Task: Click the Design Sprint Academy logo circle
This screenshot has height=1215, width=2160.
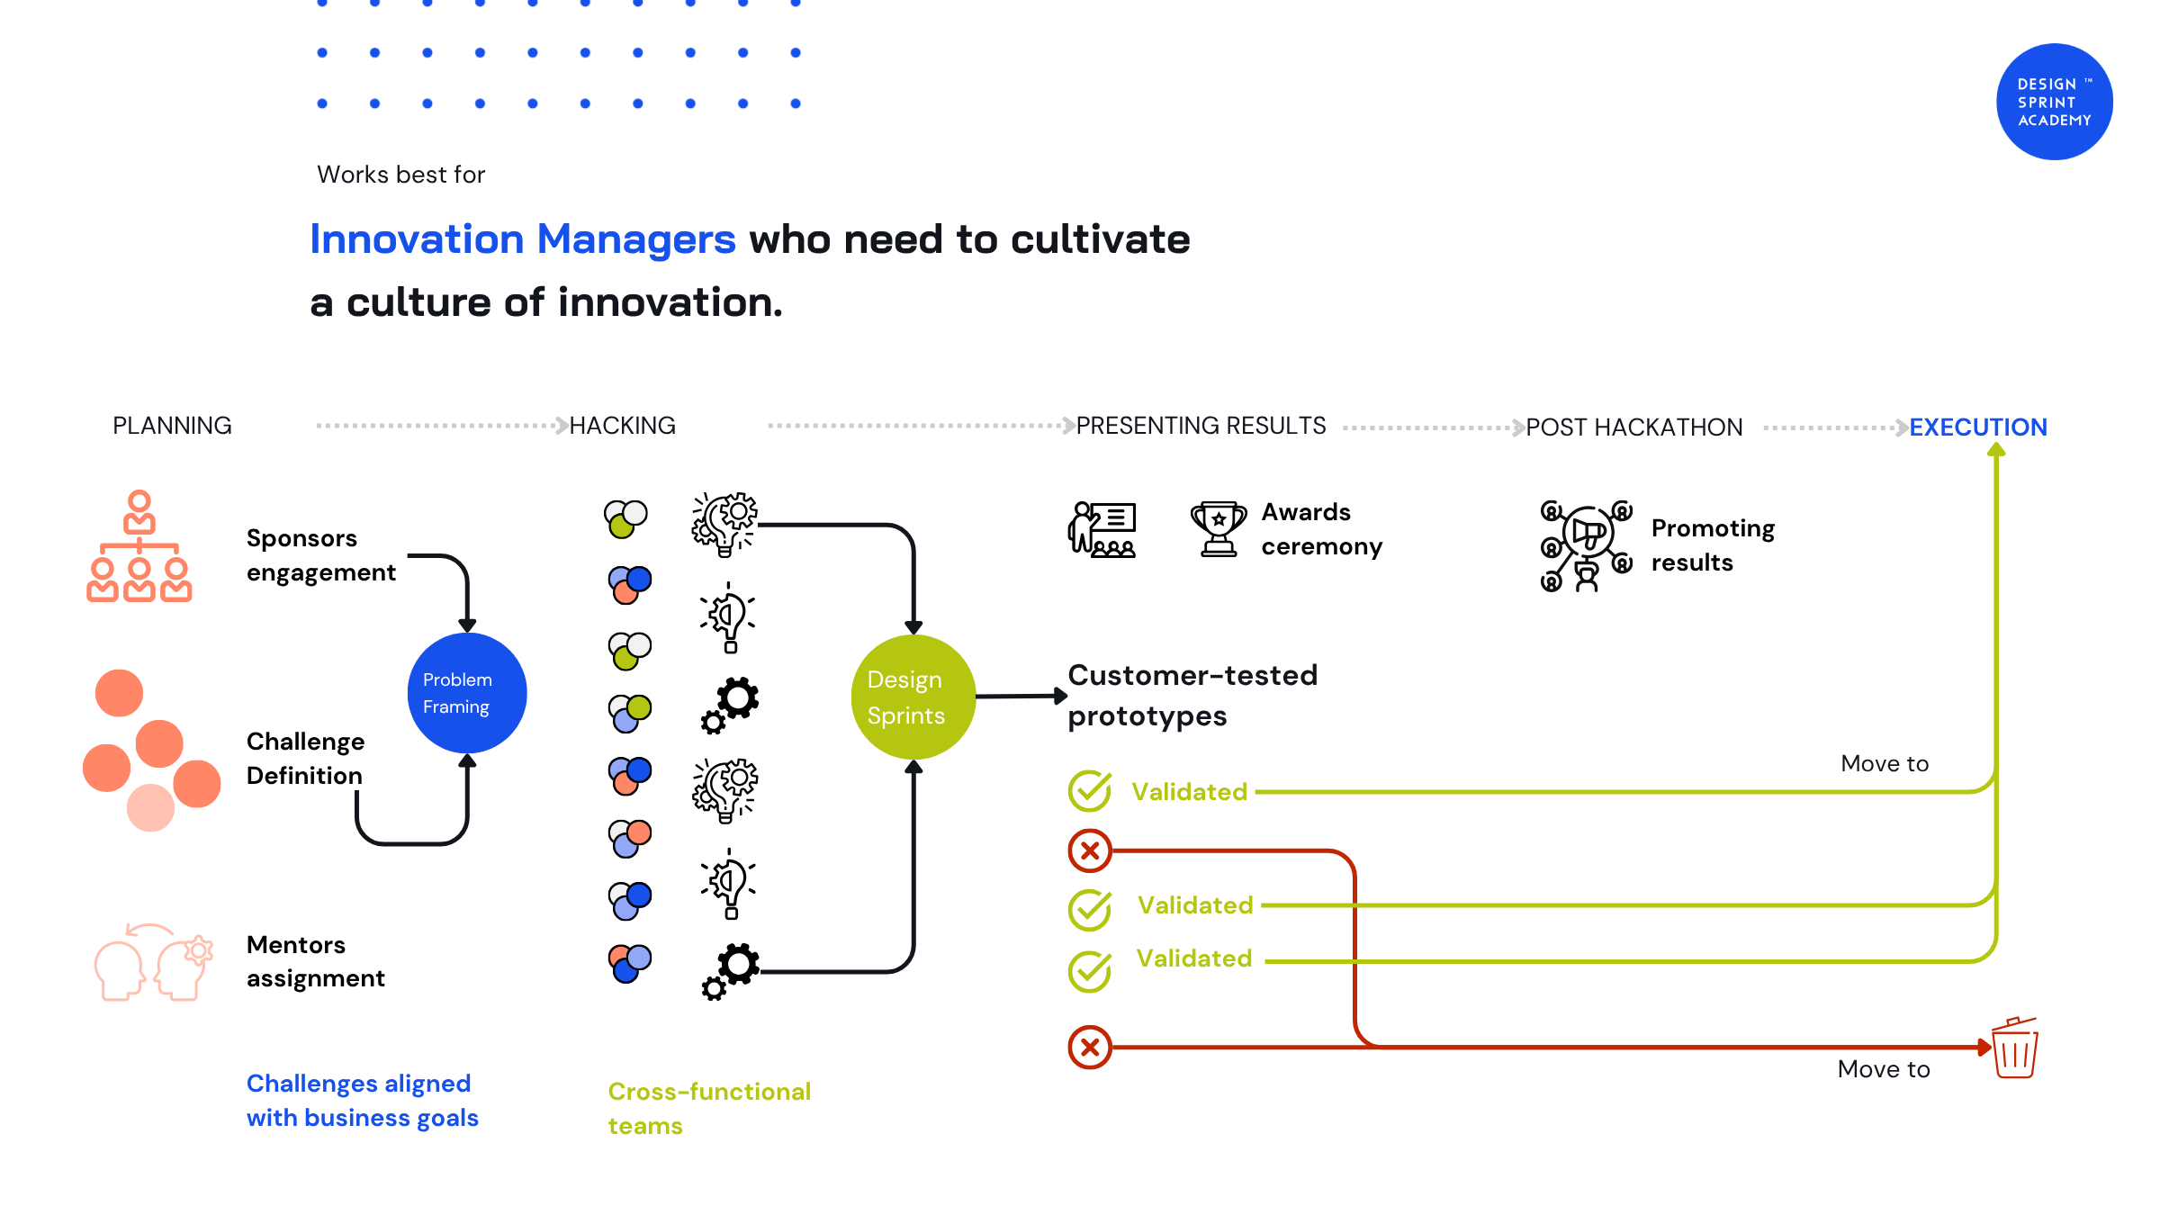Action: (x=2054, y=102)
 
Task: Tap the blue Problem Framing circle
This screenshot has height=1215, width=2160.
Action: (x=467, y=693)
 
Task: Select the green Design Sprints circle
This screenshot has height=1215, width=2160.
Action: (x=913, y=697)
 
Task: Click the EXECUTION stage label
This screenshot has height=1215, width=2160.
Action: (x=1978, y=427)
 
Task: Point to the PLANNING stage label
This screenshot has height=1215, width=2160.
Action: (x=172, y=426)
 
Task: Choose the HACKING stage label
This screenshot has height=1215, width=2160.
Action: (x=623, y=426)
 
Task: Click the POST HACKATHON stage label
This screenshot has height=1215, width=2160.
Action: (x=1634, y=427)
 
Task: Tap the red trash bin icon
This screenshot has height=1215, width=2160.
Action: (x=2015, y=1048)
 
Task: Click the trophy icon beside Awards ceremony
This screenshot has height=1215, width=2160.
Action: (x=1219, y=529)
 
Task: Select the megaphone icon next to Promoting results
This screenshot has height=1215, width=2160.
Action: (x=1586, y=545)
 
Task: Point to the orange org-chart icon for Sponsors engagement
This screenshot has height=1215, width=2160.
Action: (x=139, y=545)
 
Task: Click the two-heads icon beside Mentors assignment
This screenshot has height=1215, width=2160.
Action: (x=154, y=962)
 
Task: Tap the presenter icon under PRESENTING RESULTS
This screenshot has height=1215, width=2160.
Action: (x=1102, y=530)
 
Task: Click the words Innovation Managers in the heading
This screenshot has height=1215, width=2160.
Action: (x=523, y=239)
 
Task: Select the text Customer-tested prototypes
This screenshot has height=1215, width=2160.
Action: (x=1192, y=695)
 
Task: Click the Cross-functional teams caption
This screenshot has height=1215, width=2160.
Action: (x=709, y=1108)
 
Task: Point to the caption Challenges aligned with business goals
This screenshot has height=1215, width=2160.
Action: (x=363, y=1100)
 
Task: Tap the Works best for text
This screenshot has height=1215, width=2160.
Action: (x=401, y=175)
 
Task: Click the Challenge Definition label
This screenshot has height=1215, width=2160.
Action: (x=306, y=758)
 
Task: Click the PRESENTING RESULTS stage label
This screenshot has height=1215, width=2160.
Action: (x=1201, y=426)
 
